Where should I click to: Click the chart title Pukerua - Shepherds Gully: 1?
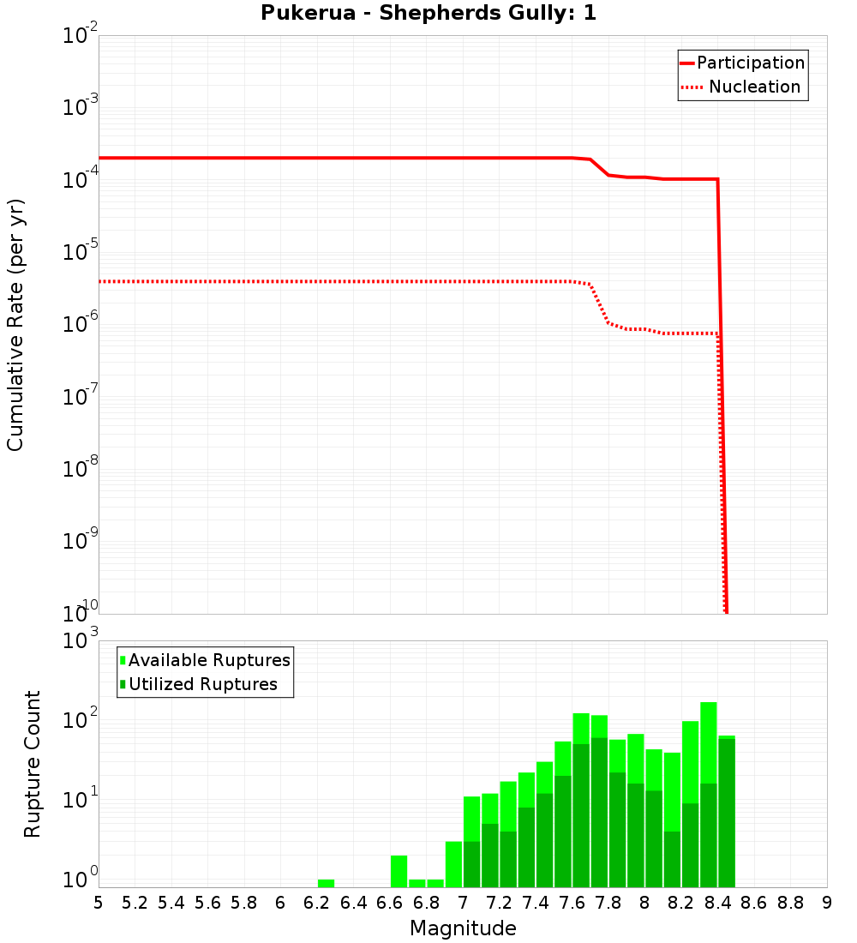pyautogui.click(x=428, y=14)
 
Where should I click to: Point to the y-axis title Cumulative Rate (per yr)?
pyautogui.click(x=15, y=325)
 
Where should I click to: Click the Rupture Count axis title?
pyautogui.click(x=33, y=764)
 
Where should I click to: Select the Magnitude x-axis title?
pyautogui.click(x=463, y=928)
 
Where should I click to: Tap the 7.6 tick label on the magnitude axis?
pyautogui.click(x=572, y=903)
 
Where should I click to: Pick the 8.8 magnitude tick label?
pyautogui.click(x=791, y=903)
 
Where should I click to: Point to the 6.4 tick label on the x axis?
pyautogui.click(x=354, y=903)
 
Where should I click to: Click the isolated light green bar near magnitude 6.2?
pyautogui.click(x=326, y=883)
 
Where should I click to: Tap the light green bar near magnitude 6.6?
pyautogui.click(x=399, y=871)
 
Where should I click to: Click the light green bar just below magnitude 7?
pyautogui.click(x=453, y=864)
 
